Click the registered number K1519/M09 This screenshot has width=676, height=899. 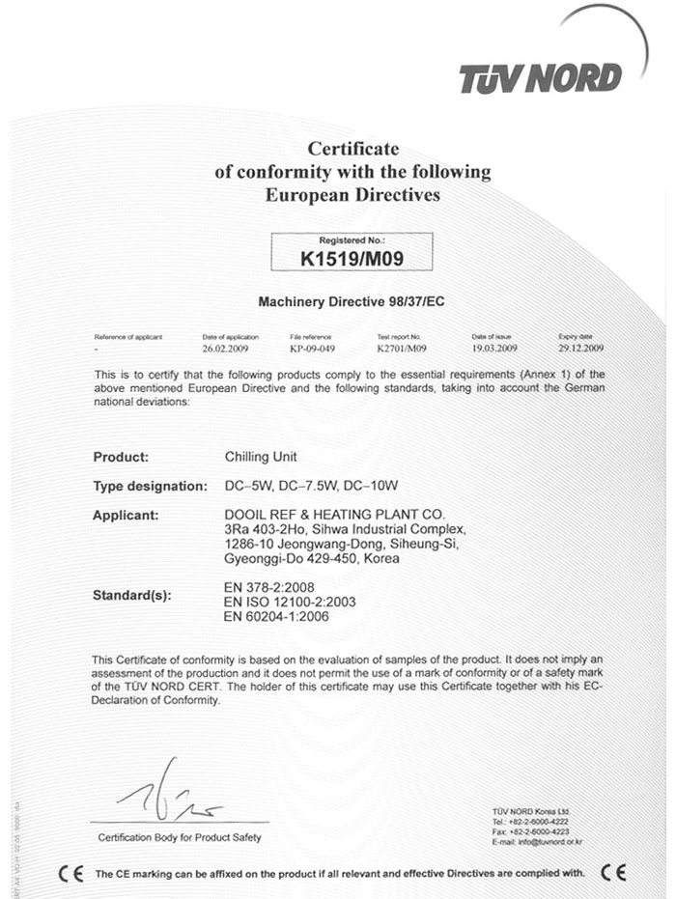pyautogui.click(x=352, y=258)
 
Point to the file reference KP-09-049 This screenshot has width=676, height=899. pyautogui.click(x=310, y=346)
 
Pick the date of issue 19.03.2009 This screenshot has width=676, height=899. pyautogui.click(x=495, y=346)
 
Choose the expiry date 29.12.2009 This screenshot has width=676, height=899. pyautogui.click(x=580, y=346)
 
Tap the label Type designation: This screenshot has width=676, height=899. pyautogui.click(x=150, y=485)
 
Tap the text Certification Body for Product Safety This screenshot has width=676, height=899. pyautogui.click(x=180, y=837)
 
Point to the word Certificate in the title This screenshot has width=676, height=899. pyautogui.click(x=352, y=149)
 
